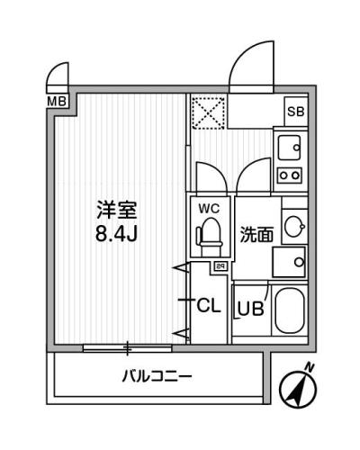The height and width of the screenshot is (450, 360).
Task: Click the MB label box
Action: click(x=57, y=101)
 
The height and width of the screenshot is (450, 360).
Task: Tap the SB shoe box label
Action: click(x=296, y=112)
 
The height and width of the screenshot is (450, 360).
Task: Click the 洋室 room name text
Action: click(x=117, y=211)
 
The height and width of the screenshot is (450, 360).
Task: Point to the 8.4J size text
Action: click(x=116, y=234)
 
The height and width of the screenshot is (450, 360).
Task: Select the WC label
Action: click(x=209, y=209)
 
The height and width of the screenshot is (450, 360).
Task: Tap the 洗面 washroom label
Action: click(x=257, y=235)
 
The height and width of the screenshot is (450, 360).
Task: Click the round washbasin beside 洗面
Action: click(x=294, y=227)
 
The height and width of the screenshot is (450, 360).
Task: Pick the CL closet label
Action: click(x=209, y=306)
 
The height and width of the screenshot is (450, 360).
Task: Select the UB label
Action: click(x=251, y=308)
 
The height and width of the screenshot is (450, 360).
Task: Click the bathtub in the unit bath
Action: click(x=290, y=311)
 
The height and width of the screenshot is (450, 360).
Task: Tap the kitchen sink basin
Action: click(x=290, y=148)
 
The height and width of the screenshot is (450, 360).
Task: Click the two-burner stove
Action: click(x=290, y=175)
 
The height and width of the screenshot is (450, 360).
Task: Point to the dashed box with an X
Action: click(x=209, y=113)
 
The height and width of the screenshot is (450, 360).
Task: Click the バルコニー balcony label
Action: click(x=157, y=376)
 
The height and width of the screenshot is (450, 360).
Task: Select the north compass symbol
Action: click(x=298, y=389)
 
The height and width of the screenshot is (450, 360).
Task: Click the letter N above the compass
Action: click(x=310, y=366)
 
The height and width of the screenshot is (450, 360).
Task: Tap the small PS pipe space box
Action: click(x=220, y=265)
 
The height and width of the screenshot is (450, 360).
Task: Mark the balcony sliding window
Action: click(x=127, y=348)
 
